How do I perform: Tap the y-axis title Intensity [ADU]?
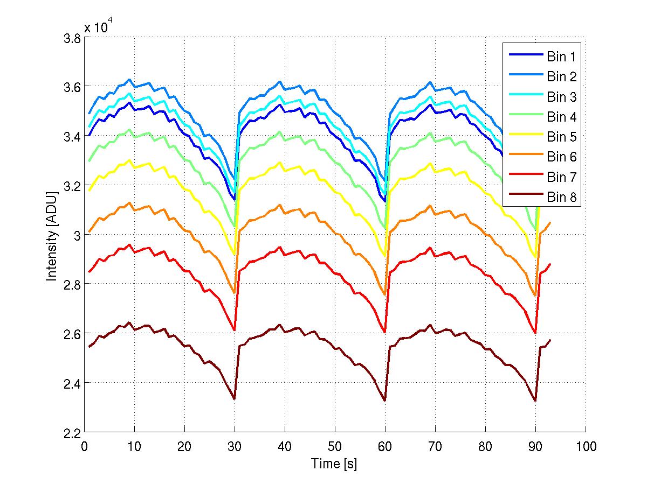[52, 235]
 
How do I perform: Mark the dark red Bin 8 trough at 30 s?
[235, 399]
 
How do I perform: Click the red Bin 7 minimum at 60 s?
[385, 332]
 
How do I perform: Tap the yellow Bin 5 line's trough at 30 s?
[235, 255]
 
